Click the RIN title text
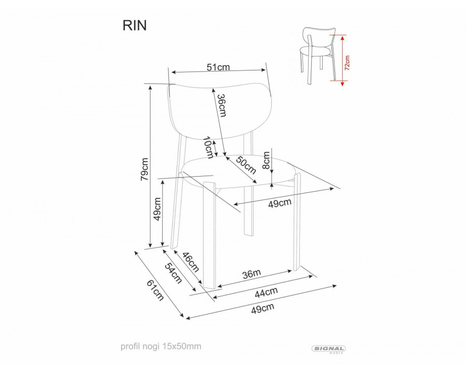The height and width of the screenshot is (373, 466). [134, 25]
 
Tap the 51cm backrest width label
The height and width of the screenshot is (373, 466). [217, 67]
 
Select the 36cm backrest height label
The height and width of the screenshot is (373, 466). [221, 106]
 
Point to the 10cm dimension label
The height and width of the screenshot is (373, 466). [208, 147]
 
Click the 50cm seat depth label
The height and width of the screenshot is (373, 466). [246, 164]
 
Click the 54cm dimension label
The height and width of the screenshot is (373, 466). [173, 272]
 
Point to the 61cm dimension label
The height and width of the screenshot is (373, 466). [155, 290]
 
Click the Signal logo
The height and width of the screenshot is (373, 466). [328, 349]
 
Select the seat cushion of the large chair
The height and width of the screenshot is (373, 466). [238, 171]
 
